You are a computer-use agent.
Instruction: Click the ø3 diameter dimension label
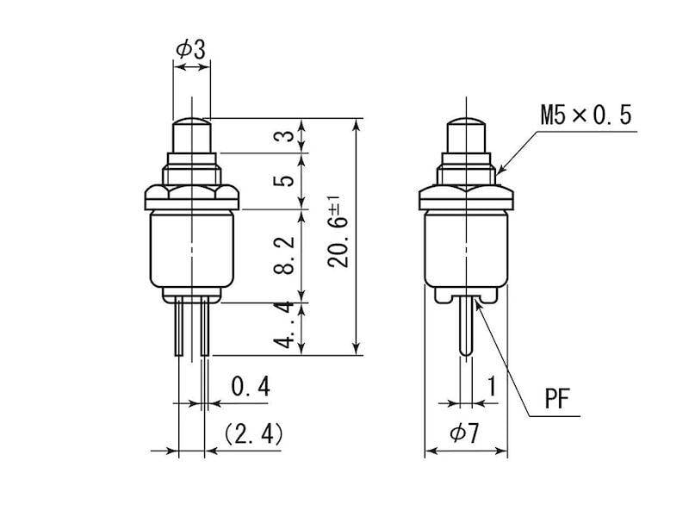[190, 49]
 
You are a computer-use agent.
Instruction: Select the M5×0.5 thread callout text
[586, 115]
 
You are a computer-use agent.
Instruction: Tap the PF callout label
[557, 399]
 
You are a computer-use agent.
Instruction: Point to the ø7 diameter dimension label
[464, 434]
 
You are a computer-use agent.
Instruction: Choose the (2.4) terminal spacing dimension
[253, 434]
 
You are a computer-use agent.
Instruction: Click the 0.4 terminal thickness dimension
[251, 386]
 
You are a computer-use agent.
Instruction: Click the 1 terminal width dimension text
[492, 386]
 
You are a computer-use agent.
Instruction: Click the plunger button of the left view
[191, 135]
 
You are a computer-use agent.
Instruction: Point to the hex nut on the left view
[192, 197]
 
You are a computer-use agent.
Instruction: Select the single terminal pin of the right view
[466, 326]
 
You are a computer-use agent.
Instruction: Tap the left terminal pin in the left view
[179, 326]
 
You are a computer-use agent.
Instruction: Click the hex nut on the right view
[466, 197]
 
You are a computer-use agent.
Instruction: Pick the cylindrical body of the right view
[466, 248]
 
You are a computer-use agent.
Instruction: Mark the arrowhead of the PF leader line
[479, 304]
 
